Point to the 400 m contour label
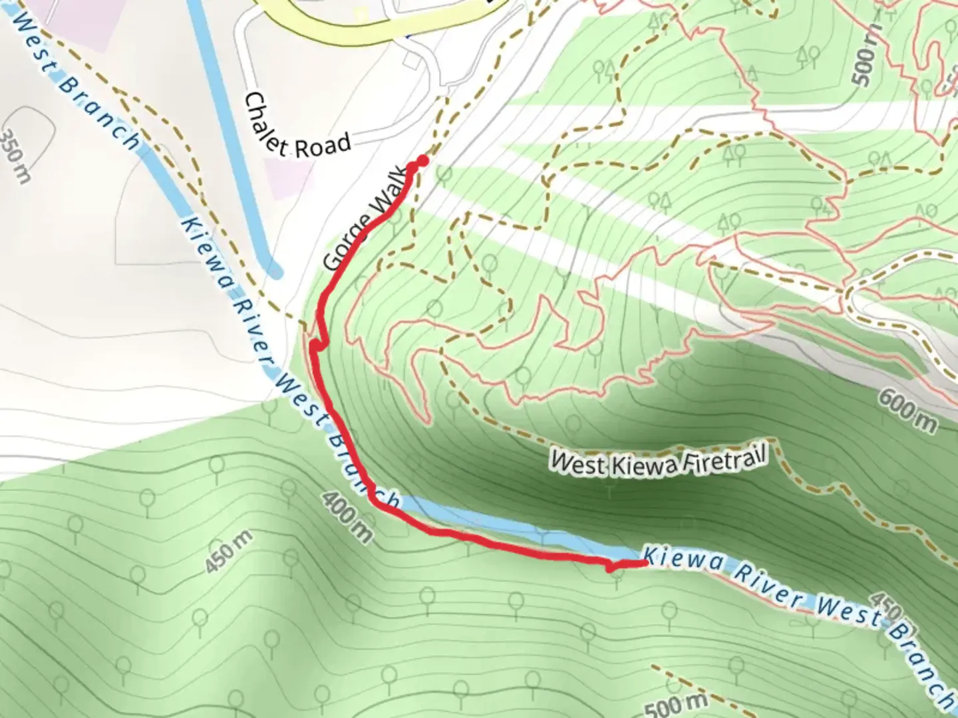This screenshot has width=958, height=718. coord(347,517)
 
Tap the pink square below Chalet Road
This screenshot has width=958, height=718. coord(289,178)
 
